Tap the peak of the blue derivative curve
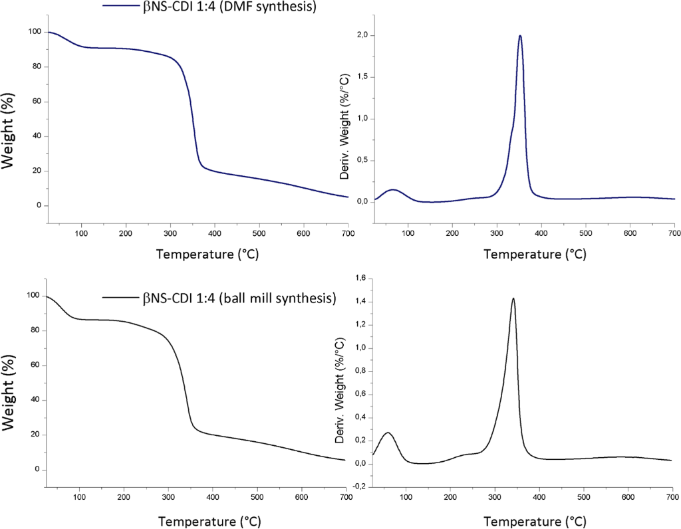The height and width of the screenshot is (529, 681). point(520,36)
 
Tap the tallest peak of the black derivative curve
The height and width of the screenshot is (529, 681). point(513,298)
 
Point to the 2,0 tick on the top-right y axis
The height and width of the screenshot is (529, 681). point(362,35)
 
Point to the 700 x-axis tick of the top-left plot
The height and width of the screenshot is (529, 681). point(348,233)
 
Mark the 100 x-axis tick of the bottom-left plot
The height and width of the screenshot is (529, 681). point(80,496)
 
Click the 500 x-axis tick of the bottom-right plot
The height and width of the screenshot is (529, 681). point(583,496)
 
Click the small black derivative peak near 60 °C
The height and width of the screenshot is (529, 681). point(388,433)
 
